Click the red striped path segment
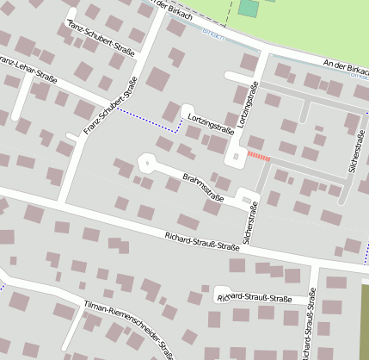point(259,156)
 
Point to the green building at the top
point(249,9)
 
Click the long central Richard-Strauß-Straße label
point(200,240)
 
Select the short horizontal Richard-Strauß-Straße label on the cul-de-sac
point(255,298)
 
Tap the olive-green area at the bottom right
point(364,319)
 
